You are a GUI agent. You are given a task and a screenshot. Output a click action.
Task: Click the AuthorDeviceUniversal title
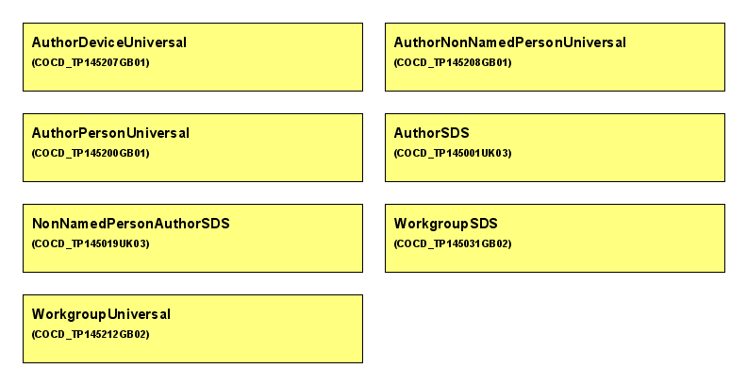point(109,42)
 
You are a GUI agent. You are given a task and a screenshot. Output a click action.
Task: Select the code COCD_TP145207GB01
point(91,62)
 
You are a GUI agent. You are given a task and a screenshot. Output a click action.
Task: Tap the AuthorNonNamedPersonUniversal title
point(509,42)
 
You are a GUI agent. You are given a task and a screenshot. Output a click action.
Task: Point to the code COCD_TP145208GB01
point(453,62)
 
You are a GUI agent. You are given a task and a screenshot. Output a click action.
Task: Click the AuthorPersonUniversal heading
point(110,133)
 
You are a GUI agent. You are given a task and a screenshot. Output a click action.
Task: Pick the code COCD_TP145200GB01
point(91,153)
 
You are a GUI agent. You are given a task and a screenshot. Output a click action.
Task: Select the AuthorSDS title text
point(432,133)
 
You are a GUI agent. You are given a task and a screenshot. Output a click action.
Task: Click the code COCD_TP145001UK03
point(453,153)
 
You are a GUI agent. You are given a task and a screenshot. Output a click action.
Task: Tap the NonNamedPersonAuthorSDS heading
point(130,224)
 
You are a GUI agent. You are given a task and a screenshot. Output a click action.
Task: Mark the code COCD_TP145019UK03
point(91,243)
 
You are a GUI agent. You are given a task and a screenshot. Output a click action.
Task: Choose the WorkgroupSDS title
point(446,224)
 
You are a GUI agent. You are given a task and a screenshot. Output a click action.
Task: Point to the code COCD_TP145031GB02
point(453,243)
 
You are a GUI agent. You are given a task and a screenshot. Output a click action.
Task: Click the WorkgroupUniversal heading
point(101,314)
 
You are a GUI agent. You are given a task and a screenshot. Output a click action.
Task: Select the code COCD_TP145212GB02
point(91,334)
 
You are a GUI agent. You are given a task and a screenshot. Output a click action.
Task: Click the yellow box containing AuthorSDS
point(555,148)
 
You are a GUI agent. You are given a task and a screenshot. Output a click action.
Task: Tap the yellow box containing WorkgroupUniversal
point(193,328)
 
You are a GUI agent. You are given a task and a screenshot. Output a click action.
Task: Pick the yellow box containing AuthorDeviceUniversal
point(193,58)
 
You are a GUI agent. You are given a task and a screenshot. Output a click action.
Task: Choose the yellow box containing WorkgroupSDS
point(555,238)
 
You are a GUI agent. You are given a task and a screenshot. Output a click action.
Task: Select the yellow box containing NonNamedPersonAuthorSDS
point(193,238)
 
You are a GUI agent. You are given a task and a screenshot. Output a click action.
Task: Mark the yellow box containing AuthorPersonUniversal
point(193,148)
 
